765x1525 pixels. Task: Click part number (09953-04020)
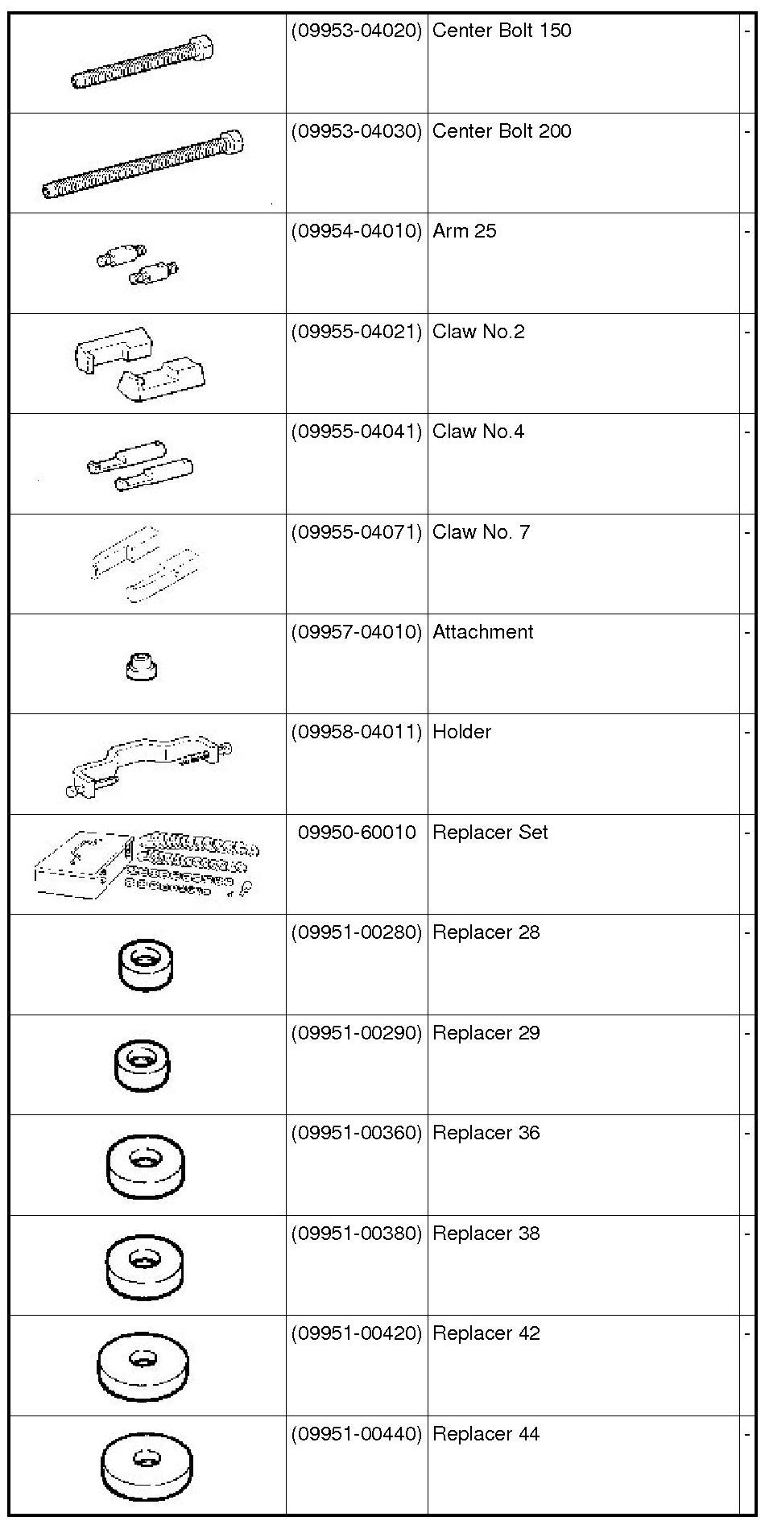pyautogui.click(x=356, y=31)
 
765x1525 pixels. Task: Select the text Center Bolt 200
pyautogui.click(x=502, y=131)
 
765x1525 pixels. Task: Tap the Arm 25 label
pyautogui.click(x=465, y=232)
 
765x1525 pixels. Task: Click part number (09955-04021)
pyautogui.click(x=356, y=332)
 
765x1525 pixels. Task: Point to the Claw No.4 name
pyautogui.click(x=478, y=432)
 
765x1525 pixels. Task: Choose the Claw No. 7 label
pyautogui.click(x=481, y=532)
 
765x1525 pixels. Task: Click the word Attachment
pyautogui.click(x=482, y=632)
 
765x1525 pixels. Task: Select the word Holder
pyautogui.click(x=461, y=732)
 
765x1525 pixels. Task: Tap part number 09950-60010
pyautogui.click(x=357, y=833)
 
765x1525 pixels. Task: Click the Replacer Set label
pyautogui.click(x=490, y=833)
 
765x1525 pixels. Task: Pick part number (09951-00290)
pyautogui.click(x=356, y=1033)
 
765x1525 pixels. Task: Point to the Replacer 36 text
pyautogui.click(x=486, y=1133)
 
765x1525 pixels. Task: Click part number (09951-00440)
pyautogui.click(x=356, y=1434)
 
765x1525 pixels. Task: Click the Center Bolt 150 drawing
pyautogui.click(x=143, y=61)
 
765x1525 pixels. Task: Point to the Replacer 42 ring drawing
pyautogui.click(x=144, y=1366)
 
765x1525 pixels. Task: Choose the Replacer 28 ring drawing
pyautogui.click(x=145, y=963)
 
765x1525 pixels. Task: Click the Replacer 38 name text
pyautogui.click(x=486, y=1234)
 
